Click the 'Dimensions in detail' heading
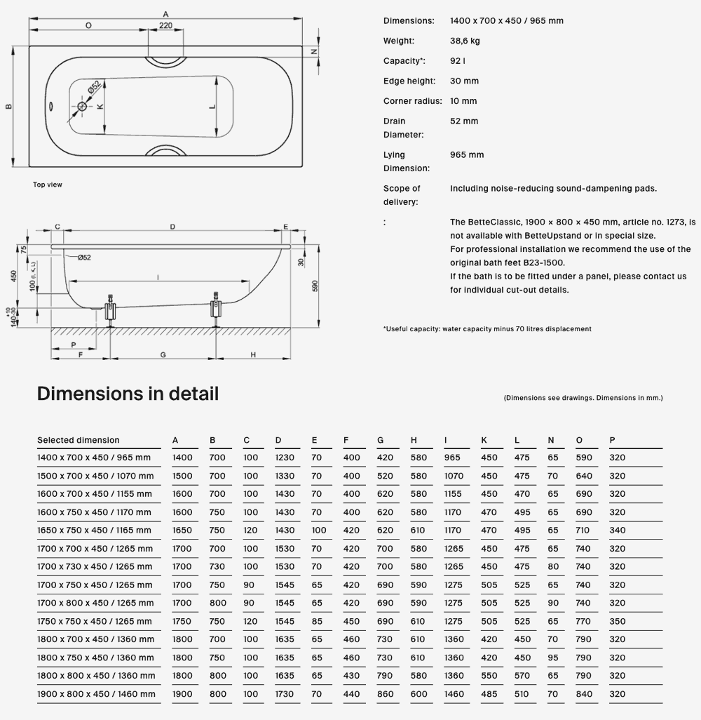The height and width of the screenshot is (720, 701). (128, 394)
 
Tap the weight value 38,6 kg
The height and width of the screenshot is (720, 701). (465, 41)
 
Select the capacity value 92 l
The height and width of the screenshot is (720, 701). (458, 61)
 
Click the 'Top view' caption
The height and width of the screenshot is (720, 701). (48, 185)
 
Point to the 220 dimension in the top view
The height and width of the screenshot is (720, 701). (165, 25)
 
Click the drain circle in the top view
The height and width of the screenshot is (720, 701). (83, 106)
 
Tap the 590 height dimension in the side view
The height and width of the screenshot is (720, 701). (315, 286)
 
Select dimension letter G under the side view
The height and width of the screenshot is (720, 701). (163, 355)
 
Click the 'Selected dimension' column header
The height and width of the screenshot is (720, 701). (79, 440)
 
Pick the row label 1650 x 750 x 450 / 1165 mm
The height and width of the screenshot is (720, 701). (94, 531)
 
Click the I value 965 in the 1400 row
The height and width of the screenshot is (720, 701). (453, 458)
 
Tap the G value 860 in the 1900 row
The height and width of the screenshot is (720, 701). (385, 695)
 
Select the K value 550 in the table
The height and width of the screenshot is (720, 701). (489, 676)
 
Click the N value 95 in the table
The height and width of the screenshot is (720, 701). (553, 658)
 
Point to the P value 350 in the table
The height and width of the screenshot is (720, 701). (617, 622)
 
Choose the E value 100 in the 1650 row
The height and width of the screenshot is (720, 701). (319, 531)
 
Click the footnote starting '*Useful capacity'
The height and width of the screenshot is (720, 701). (487, 328)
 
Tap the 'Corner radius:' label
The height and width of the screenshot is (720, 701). (412, 101)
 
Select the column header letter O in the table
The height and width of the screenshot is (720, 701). (579, 440)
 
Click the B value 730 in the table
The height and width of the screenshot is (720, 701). (217, 567)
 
